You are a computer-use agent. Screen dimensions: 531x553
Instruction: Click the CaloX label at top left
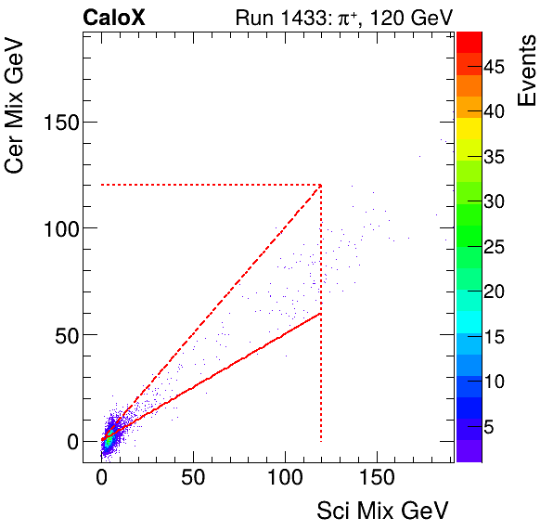point(114,18)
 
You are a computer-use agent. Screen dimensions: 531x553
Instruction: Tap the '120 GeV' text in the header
point(409,18)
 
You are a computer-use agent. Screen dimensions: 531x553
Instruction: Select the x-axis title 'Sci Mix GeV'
point(383,510)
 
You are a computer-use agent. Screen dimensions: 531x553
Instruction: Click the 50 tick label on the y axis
point(64,335)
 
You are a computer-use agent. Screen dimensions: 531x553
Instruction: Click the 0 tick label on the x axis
point(101,481)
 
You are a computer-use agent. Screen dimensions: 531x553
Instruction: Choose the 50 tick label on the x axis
point(193,481)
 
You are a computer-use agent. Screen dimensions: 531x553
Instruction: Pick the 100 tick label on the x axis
point(285,481)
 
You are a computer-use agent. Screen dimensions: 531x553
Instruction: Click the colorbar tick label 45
point(493,67)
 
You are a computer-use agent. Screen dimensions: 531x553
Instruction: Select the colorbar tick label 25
point(493,247)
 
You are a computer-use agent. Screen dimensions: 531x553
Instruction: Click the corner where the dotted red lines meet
point(321,185)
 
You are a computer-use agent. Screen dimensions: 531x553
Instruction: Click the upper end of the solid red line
point(321,313)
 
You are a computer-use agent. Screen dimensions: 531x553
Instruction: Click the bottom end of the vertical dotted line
point(321,441)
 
